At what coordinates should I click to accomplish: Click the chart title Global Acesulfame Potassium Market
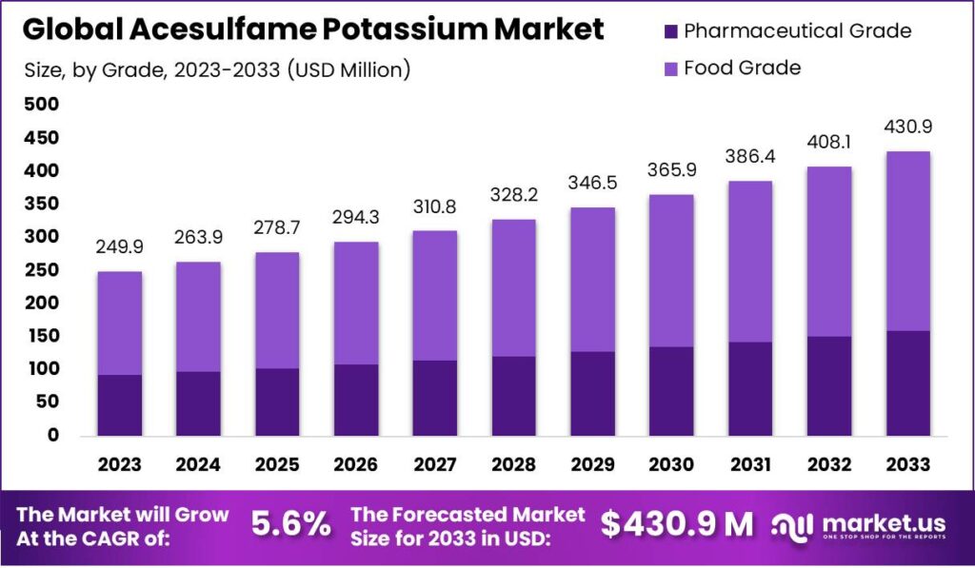[313, 29]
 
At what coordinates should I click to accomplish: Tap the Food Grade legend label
[743, 68]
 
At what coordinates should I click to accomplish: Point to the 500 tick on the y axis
[41, 105]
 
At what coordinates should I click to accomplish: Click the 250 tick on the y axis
[41, 270]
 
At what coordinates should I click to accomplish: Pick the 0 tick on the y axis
[53, 436]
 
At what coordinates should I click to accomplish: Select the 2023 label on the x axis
[119, 465]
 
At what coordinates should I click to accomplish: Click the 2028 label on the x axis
[513, 465]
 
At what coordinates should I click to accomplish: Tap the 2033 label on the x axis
[907, 465]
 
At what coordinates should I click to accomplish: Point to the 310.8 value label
[434, 207]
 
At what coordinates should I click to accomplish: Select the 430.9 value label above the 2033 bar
[907, 127]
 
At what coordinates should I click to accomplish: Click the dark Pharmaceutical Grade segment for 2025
[277, 402]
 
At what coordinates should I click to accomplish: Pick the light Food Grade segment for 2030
[671, 270]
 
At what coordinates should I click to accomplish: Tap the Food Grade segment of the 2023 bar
[119, 323]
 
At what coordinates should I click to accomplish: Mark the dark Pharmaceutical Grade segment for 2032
[828, 385]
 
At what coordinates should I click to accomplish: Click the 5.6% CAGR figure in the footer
[290, 523]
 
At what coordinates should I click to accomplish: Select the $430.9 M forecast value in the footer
[677, 523]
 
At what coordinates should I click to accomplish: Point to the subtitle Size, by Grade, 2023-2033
[216, 69]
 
